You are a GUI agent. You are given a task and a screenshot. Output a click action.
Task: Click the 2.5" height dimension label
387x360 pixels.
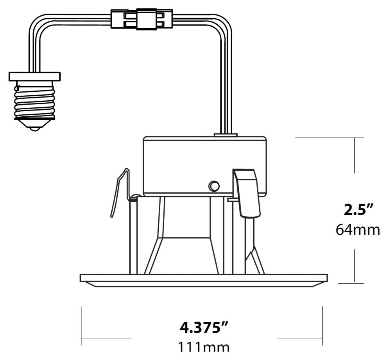(358, 210)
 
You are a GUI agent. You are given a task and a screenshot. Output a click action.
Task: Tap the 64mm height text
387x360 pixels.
(358, 230)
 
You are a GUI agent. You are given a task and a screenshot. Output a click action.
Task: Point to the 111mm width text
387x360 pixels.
(204, 347)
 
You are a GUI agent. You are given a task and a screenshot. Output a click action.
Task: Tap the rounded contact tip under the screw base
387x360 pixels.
(34, 128)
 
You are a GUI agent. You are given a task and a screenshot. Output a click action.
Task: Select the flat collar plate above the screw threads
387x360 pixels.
(34, 77)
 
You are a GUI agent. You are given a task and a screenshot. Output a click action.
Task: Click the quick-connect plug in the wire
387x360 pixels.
(142, 19)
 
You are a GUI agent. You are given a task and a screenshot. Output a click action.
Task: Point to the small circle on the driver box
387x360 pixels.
(214, 186)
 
